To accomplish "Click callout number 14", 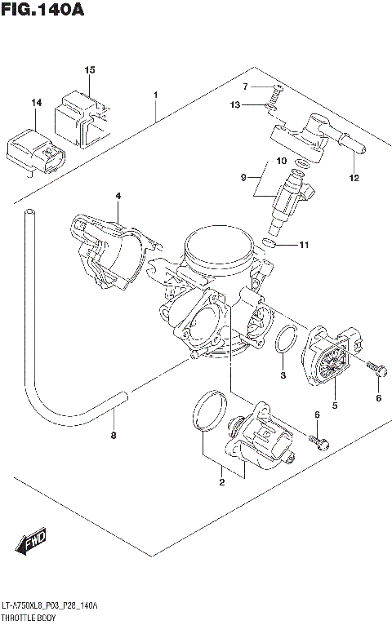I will (x=36, y=103).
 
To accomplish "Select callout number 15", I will (x=90, y=70).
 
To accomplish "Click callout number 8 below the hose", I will (x=114, y=435).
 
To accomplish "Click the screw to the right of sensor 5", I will (x=376, y=369).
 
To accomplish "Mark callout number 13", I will (x=234, y=104).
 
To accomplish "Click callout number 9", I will (x=243, y=177).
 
